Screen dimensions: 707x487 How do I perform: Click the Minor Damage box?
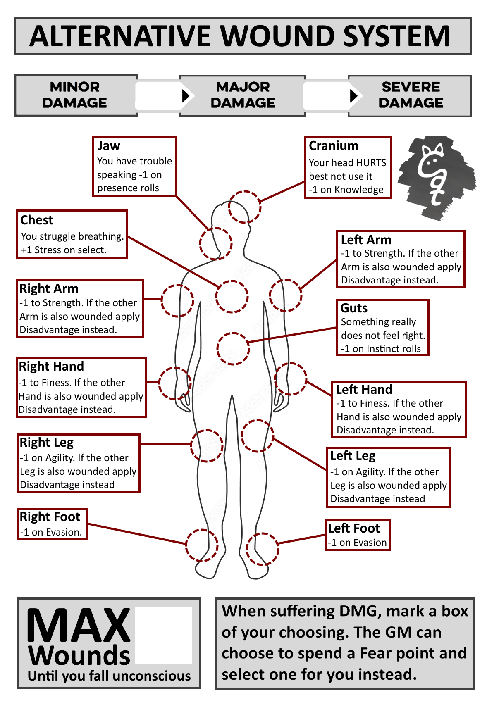click(x=76, y=95)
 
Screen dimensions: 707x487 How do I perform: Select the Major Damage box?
click(x=243, y=95)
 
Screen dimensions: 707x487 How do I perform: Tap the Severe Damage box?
click(x=410, y=95)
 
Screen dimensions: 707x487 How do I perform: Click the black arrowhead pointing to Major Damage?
click(x=186, y=95)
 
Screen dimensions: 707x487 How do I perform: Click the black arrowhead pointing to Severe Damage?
click(x=353, y=95)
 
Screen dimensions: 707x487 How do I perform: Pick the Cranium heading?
click(x=334, y=146)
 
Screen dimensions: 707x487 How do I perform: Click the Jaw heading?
click(x=109, y=146)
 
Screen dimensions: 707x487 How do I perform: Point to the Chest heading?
click(x=37, y=220)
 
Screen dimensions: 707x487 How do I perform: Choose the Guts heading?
click(x=354, y=308)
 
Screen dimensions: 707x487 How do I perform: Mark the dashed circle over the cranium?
click(x=245, y=207)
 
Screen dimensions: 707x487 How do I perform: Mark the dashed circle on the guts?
click(x=233, y=349)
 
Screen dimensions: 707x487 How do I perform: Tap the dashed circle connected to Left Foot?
click(x=263, y=549)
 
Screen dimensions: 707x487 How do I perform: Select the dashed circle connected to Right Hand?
click(x=175, y=383)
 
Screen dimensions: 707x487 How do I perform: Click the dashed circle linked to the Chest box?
click(x=232, y=296)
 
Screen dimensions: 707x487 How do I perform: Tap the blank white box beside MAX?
click(x=163, y=635)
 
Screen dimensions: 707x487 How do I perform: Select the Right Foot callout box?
click(x=53, y=524)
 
